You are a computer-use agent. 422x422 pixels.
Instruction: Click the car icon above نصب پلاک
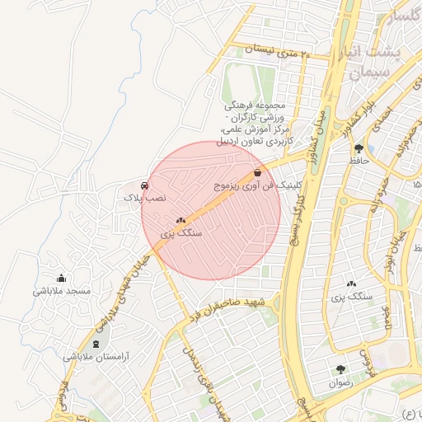tap(145, 185)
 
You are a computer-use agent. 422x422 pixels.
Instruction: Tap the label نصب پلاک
tap(145, 199)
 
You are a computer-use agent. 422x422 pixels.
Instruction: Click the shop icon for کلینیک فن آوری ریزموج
tap(258, 173)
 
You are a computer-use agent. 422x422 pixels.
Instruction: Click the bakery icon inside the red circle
tap(181, 220)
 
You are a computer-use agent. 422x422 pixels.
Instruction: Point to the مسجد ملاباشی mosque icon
tap(61, 278)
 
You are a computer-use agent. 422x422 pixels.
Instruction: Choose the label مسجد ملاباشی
tap(61, 291)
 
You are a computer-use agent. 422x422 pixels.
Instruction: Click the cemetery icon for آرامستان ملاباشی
tap(96, 344)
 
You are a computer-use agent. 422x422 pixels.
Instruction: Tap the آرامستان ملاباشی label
tap(97, 358)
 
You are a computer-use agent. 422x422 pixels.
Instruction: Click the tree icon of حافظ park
tap(358, 148)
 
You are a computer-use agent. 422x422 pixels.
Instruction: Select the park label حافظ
tap(357, 162)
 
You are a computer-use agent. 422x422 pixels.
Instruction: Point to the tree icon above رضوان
tap(340, 369)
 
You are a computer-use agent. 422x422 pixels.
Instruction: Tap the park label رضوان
tap(340, 383)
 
